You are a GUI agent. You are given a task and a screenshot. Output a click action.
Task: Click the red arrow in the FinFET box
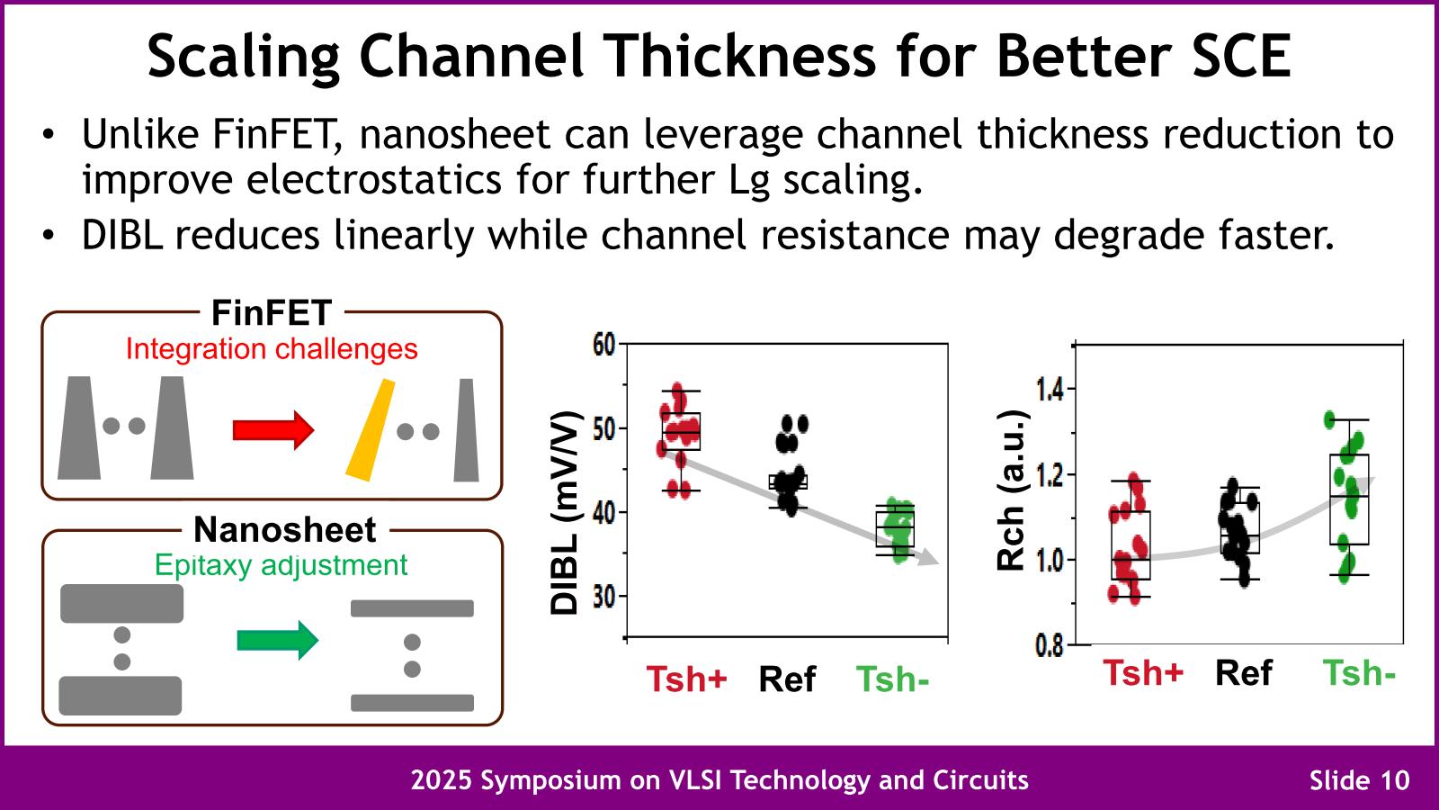273,429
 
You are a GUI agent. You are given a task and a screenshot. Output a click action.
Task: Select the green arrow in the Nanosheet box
277,641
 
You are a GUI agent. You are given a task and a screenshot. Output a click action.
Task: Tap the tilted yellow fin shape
371,430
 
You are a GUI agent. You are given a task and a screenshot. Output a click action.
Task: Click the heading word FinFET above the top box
272,313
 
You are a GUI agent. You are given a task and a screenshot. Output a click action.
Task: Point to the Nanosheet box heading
284,530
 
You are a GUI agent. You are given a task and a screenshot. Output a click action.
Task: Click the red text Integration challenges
272,349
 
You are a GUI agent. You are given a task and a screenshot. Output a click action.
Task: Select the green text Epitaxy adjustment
281,565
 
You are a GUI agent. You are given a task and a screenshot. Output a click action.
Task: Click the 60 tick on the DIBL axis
603,344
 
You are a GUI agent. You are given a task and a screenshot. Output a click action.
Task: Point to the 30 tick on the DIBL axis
603,596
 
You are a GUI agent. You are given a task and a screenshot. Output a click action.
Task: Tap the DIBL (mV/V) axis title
564,513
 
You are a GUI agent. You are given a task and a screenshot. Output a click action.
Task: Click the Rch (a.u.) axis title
1012,490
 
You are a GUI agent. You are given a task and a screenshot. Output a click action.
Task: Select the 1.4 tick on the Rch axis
1050,389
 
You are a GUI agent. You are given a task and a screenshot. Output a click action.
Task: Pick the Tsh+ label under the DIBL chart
686,679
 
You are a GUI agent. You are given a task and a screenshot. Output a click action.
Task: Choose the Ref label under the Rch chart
1244,673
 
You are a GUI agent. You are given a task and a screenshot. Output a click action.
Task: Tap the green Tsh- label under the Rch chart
1359,673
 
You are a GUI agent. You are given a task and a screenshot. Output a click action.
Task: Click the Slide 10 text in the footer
1360,779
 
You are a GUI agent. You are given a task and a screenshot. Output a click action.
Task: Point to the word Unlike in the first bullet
139,135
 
